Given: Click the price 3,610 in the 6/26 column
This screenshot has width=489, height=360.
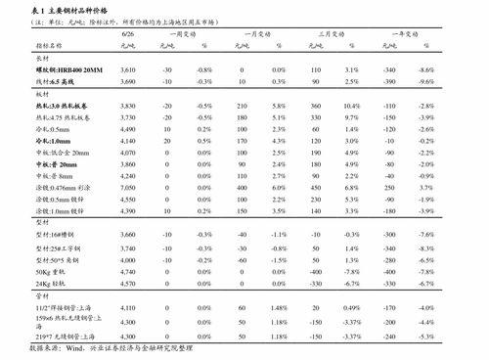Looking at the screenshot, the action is tap(127, 70).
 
